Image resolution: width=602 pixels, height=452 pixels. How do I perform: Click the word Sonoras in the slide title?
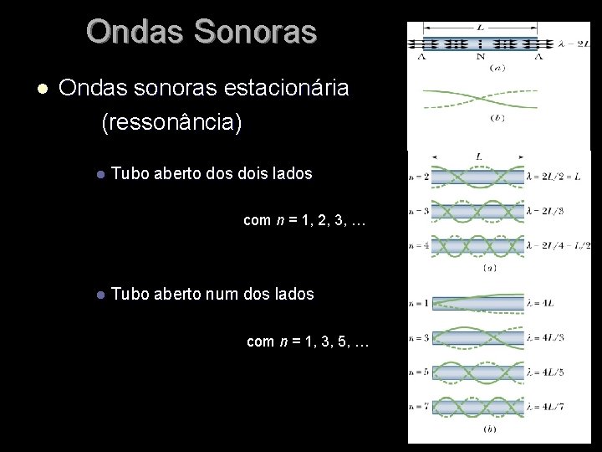tap(265, 32)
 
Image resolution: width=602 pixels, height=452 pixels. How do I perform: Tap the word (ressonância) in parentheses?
tap(171, 123)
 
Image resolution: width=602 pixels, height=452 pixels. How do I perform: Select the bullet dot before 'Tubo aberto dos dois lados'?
tap(99, 175)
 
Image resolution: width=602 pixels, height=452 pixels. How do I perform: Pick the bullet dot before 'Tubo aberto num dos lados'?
tap(99, 295)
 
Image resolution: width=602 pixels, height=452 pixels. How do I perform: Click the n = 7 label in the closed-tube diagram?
tap(417, 408)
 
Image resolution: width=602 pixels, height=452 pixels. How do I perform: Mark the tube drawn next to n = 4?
tap(476, 245)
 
